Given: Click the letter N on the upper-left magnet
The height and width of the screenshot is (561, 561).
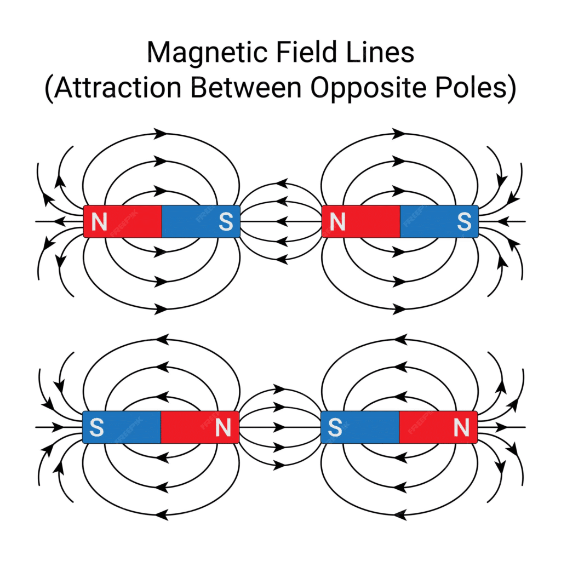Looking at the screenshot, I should [99, 222].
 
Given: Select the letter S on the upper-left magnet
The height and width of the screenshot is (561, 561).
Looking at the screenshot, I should [225, 222].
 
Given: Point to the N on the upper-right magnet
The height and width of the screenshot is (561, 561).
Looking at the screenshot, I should [337, 222].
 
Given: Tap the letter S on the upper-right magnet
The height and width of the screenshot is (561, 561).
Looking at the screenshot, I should [464, 222].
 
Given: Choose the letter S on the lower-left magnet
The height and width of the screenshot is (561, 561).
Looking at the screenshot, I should [96, 427].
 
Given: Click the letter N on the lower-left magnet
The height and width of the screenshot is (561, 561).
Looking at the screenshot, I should [223, 427].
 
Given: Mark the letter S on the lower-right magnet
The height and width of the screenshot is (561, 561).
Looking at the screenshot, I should [335, 427].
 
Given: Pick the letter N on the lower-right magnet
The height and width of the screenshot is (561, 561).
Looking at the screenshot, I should [462, 427].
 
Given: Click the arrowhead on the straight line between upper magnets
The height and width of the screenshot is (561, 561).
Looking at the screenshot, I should [282, 222].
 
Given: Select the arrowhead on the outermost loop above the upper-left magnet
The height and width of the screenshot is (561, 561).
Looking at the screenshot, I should [160, 133].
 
